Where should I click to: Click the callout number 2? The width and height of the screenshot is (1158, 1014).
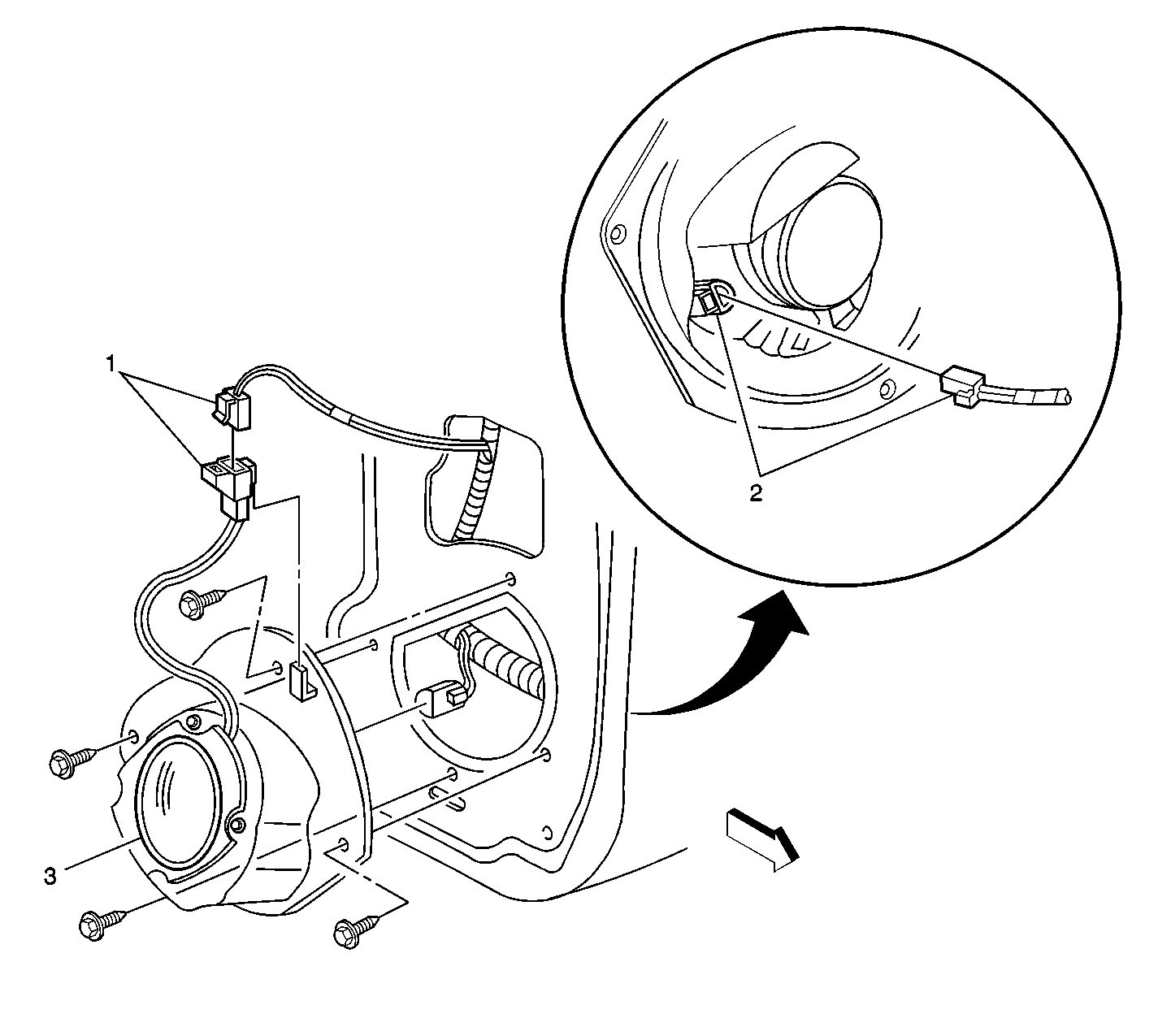coord(756,493)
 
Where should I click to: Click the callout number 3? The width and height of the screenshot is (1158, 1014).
coord(50,877)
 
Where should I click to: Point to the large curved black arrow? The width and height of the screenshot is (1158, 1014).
coord(731,666)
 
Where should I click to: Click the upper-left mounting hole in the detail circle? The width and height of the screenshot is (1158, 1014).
coord(618,236)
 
